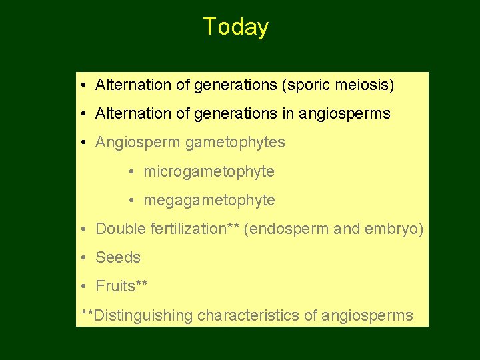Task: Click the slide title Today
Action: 235,27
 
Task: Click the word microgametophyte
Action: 209,172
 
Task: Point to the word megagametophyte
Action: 209,201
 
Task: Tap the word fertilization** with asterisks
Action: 193,229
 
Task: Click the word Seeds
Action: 118,258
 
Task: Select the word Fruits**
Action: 121,287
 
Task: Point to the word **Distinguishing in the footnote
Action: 137,315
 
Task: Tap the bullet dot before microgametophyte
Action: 133,172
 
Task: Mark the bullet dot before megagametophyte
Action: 133,201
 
